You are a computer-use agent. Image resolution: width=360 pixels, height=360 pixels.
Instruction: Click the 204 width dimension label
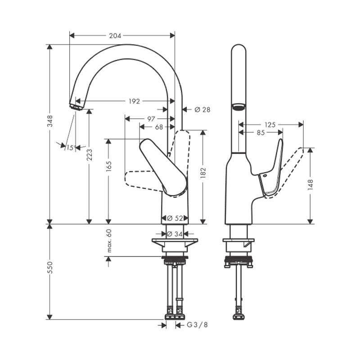click(115, 36)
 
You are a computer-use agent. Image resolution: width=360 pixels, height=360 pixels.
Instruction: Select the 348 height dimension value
click(50, 121)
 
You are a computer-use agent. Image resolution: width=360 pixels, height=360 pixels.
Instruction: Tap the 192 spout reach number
click(134, 101)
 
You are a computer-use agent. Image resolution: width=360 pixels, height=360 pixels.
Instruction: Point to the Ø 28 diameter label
click(202, 110)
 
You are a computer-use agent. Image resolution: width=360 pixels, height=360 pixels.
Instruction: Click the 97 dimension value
click(151, 119)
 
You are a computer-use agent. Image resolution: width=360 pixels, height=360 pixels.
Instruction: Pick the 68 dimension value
click(159, 127)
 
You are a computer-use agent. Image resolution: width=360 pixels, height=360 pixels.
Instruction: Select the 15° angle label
click(71, 148)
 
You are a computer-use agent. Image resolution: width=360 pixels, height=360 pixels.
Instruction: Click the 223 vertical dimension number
click(90, 155)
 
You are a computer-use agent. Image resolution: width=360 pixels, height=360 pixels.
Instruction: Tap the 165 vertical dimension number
click(109, 166)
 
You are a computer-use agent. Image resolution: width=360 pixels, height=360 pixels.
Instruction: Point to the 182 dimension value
click(203, 173)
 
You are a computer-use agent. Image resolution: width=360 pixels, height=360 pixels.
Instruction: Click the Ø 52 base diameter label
click(175, 218)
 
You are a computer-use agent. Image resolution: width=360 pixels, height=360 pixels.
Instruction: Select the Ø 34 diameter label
click(175, 234)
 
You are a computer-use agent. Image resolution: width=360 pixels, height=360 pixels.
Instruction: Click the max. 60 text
click(109, 241)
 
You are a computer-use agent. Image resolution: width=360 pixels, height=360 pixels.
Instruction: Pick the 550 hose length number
click(50, 267)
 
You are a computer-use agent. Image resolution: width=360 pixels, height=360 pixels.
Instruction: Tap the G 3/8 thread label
click(197, 325)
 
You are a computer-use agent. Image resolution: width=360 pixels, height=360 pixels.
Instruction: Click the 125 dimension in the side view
click(270, 125)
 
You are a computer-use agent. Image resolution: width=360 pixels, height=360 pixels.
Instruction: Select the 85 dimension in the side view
click(261, 133)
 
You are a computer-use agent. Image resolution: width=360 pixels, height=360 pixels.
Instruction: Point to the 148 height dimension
click(310, 185)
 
